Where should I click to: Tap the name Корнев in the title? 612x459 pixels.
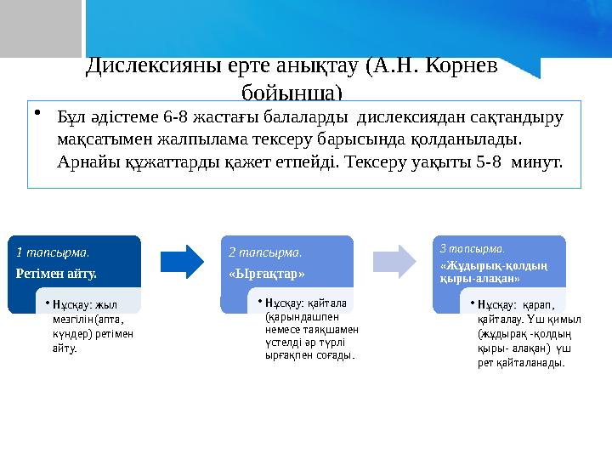click(x=456, y=66)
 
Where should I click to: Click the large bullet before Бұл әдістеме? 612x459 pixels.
click(x=38, y=115)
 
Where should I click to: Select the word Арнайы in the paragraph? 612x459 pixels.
click(x=87, y=161)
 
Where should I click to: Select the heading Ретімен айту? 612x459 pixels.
click(x=56, y=273)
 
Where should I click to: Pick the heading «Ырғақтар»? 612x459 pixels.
click(x=267, y=273)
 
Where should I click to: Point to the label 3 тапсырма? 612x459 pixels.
click(x=473, y=249)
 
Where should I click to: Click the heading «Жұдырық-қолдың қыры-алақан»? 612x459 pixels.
click(x=493, y=272)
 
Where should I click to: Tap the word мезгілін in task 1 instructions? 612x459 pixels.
click(x=72, y=319)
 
